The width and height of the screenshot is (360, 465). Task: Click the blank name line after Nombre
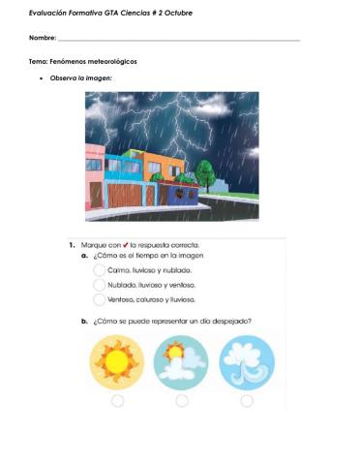pyautogui.click(x=179, y=40)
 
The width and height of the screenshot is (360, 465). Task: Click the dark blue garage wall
pyautogui.click(x=182, y=195)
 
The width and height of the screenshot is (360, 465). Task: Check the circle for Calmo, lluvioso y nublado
pyautogui.click(x=100, y=271)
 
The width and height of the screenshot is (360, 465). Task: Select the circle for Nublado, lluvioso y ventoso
pyautogui.click(x=100, y=286)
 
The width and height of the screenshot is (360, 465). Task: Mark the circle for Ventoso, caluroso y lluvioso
pyautogui.click(x=100, y=300)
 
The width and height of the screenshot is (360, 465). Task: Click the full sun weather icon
pyautogui.click(x=117, y=362)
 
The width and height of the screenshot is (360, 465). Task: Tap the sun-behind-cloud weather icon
pyautogui.click(x=181, y=362)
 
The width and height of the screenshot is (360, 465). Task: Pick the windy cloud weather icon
pyautogui.click(x=247, y=362)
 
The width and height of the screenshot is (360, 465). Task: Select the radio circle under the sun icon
pyautogui.click(x=117, y=400)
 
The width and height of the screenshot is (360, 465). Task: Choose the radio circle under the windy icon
pyautogui.click(x=247, y=400)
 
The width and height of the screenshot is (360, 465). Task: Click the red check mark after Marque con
pyautogui.click(x=126, y=245)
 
